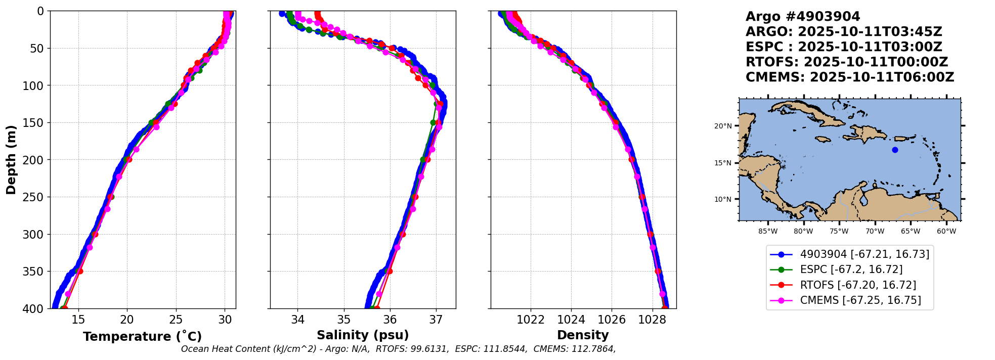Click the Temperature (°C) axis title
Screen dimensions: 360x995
tap(142, 337)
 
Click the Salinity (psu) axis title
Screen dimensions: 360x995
tap(363, 335)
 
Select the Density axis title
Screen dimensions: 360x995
tap(583, 335)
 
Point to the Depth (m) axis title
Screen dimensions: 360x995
tap(11, 160)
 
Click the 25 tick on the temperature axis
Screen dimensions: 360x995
tap(176, 320)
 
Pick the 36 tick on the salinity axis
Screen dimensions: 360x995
tap(390, 320)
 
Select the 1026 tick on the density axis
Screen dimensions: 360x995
tap(612, 320)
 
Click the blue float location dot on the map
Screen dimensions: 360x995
tap(895, 150)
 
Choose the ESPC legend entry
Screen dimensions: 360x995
tap(851, 269)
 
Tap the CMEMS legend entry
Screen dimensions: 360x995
tap(860, 300)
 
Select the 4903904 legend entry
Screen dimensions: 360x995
tap(864, 254)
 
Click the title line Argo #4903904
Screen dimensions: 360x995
tap(803, 17)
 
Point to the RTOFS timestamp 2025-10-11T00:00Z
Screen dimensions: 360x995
tap(876, 62)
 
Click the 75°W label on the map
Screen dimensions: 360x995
tap(839, 232)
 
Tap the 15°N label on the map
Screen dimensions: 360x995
tap(723, 163)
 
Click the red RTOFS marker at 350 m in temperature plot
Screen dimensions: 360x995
tap(80, 272)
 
